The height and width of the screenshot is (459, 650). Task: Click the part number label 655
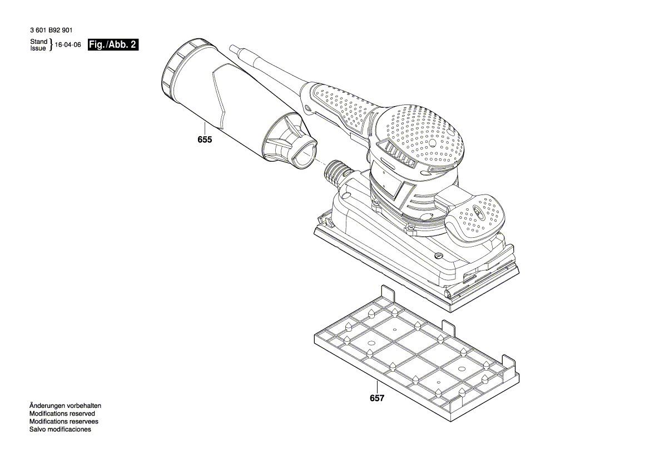pyautogui.click(x=205, y=140)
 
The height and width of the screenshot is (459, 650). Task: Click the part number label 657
pyautogui.click(x=377, y=398)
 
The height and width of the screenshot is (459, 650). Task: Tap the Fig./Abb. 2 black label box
pyautogui.click(x=113, y=45)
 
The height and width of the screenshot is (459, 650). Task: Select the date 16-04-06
pyautogui.click(x=69, y=46)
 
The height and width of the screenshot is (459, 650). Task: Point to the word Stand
pyautogui.click(x=38, y=42)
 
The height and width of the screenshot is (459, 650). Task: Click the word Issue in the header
pyautogui.click(x=38, y=48)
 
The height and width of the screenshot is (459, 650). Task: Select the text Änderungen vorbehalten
pyautogui.click(x=64, y=406)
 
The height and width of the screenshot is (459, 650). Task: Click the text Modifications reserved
pyautogui.click(x=62, y=414)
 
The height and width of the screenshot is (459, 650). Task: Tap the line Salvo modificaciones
pyautogui.click(x=60, y=430)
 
